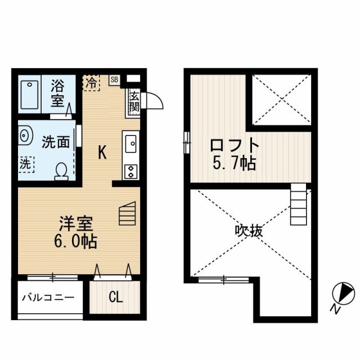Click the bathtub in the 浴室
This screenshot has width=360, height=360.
tap(29, 94)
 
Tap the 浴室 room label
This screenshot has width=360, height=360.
tap(57, 93)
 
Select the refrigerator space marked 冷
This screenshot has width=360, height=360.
tap(91, 83)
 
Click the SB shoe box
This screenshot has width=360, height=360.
tap(114, 80)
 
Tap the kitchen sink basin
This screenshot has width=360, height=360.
tap(131, 144)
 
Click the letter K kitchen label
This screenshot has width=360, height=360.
tap(102, 152)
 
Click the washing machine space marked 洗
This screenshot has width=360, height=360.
tap(26, 164)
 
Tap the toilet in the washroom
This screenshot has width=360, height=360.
tap(61, 172)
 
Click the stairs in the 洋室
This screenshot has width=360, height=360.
tap(128, 213)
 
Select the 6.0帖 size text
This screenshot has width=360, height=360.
tap(75, 241)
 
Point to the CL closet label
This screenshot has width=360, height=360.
tap(115, 298)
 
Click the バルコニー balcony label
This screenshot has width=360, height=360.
tap(48, 298)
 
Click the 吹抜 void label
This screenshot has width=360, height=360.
tap(249, 231)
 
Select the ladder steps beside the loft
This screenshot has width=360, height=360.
tap(299, 204)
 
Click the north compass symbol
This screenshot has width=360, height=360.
tap(344, 294)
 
